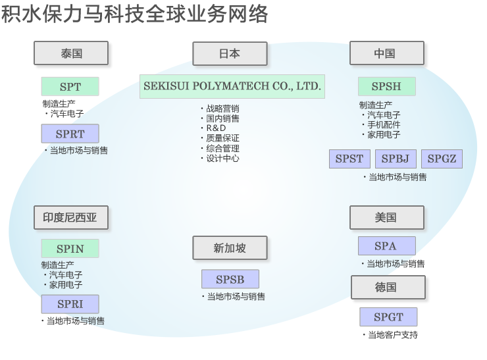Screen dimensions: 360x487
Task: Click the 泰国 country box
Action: coord(71,53)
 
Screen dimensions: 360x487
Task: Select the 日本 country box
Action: coord(230,54)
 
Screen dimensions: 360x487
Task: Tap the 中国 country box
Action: coord(386,53)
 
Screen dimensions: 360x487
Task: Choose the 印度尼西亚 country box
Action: coord(70,217)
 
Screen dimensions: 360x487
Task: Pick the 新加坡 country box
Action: coord(230,247)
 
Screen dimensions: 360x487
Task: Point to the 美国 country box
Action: coord(386,217)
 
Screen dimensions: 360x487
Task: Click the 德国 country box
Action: coord(388,287)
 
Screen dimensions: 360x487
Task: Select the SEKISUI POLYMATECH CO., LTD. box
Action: coord(232,86)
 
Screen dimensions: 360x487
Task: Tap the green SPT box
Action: coord(70,87)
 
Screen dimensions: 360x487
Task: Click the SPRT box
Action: coord(70,134)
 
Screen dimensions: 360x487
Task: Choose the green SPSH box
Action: coord(387,86)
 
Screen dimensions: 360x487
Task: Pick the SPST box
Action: coord(349,159)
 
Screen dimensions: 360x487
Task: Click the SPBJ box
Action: coord(395,159)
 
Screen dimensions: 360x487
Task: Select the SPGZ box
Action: coord(442,159)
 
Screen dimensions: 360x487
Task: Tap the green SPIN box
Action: coord(70,248)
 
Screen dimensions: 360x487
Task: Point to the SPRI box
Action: coord(70,304)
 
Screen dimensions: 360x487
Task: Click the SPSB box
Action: coord(230,279)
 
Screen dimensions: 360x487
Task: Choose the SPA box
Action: coord(386,246)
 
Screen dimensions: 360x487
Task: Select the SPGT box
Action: coord(388,317)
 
